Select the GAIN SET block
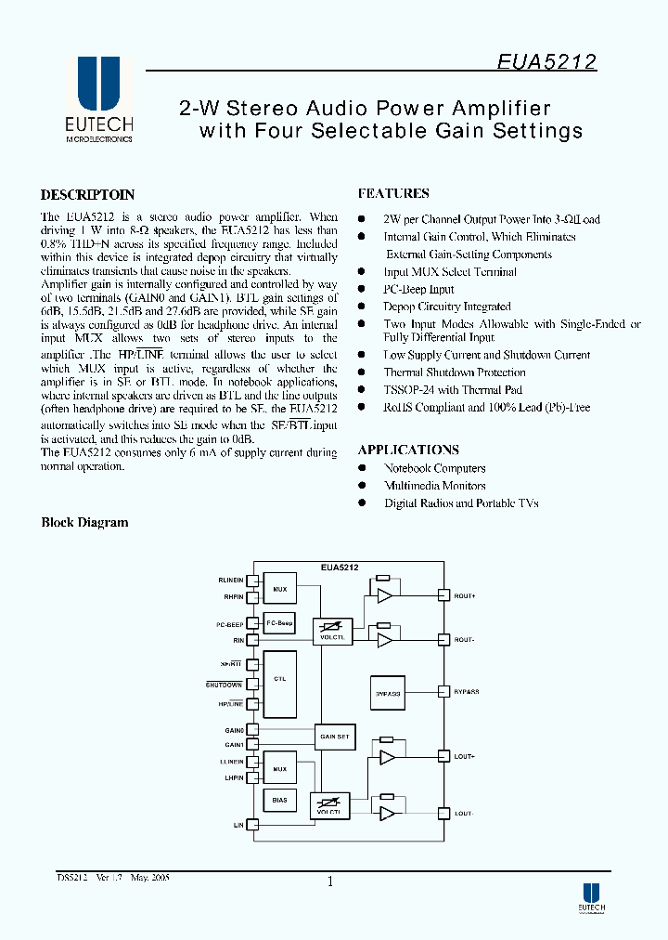click(x=334, y=737)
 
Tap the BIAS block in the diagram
click(x=280, y=800)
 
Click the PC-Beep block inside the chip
click(x=280, y=624)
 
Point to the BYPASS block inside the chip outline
click(x=388, y=692)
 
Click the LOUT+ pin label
click(x=465, y=757)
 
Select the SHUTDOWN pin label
click(x=225, y=685)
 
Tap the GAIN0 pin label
click(x=234, y=731)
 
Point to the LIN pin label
click(x=238, y=825)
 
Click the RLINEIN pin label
click(x=231, y=581)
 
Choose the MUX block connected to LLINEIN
click(x=280, y=769)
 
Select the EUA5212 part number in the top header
click(x=546, y=62)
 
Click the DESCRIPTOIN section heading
click(x=88, y=195)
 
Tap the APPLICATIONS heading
click(x=408, y=450)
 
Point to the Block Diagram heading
click(x=84, y=523)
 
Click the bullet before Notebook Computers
click(x=363, y=469)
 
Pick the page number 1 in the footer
click(x=329, y=882)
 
